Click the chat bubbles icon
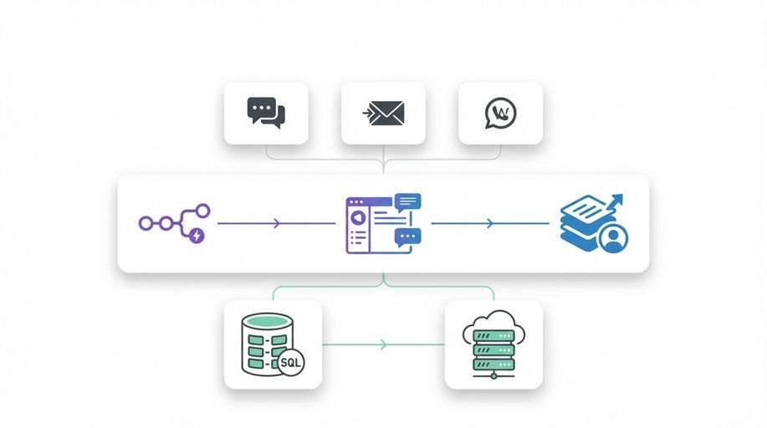point(266,112)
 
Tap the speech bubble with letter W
point(500,113)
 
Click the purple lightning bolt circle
point(197,235)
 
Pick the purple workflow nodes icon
point(174,223)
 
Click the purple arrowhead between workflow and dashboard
point(276,223)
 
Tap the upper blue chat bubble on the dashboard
point(408,201)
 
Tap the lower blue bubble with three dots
point(408,237)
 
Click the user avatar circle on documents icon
point(614,238)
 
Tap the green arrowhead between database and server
point(383,344)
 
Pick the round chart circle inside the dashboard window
point(356,217)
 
